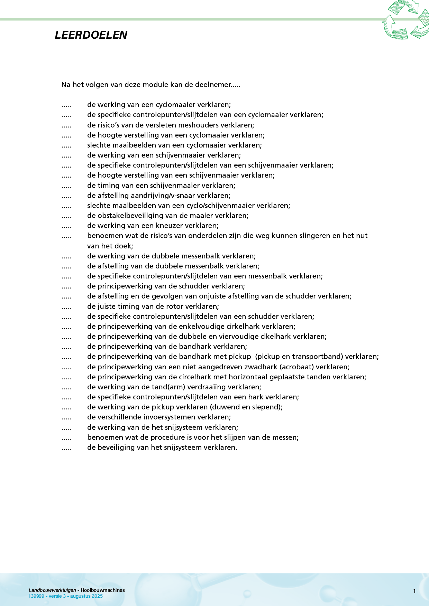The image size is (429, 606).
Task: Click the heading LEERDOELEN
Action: pos(91,35)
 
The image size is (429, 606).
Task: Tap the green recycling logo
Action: pos(406,20)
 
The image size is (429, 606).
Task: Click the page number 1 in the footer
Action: pos(414,591)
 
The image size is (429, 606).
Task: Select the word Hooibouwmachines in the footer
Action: pos(103,590)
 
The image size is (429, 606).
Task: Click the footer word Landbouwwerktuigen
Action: pos(52,590)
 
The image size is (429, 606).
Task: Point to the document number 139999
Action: pos(36,596)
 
